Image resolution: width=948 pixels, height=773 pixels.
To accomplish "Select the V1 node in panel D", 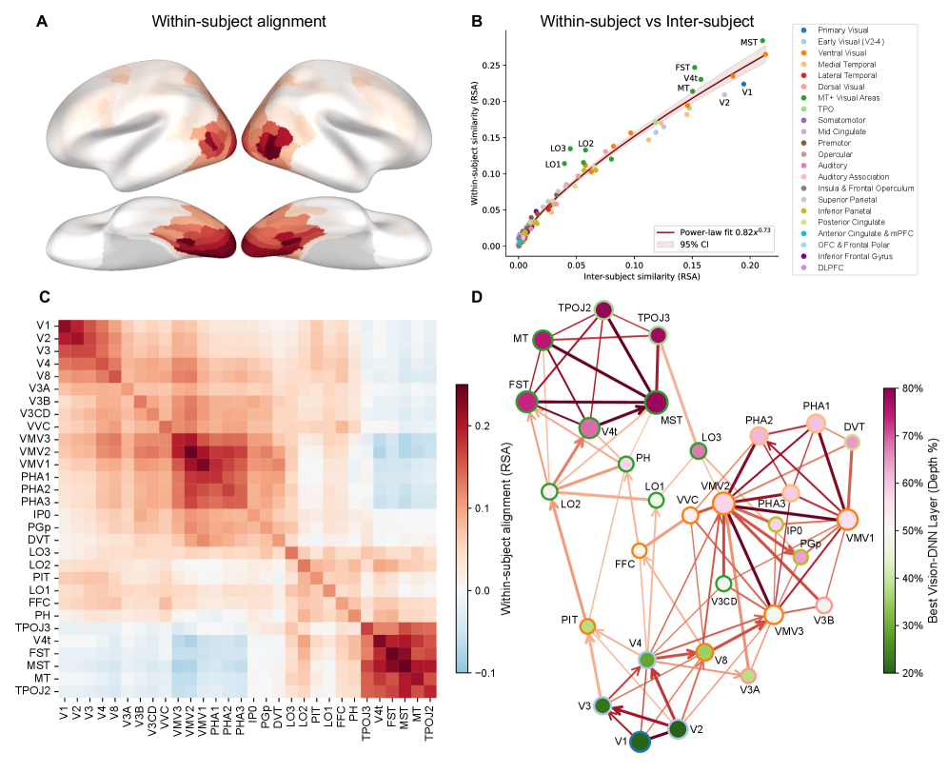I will tap(640, 741).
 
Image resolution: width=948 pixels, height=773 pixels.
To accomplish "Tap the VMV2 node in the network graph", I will tap(722, 503).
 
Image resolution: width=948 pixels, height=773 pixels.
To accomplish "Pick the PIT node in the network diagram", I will tap(588, 625).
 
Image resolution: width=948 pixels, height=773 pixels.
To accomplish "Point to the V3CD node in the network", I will tap(724, 584).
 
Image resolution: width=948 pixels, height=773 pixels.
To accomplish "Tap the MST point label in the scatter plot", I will tap(749, 43).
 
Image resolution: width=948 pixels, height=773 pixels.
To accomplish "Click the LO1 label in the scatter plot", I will tap(552, 165).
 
